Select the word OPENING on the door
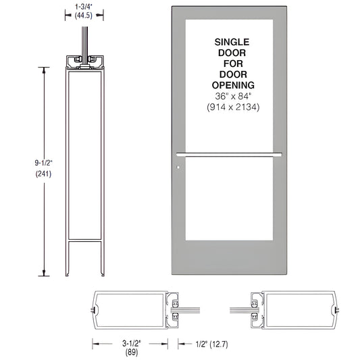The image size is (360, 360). (234, 85)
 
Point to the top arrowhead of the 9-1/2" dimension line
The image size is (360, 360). (45, 70)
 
